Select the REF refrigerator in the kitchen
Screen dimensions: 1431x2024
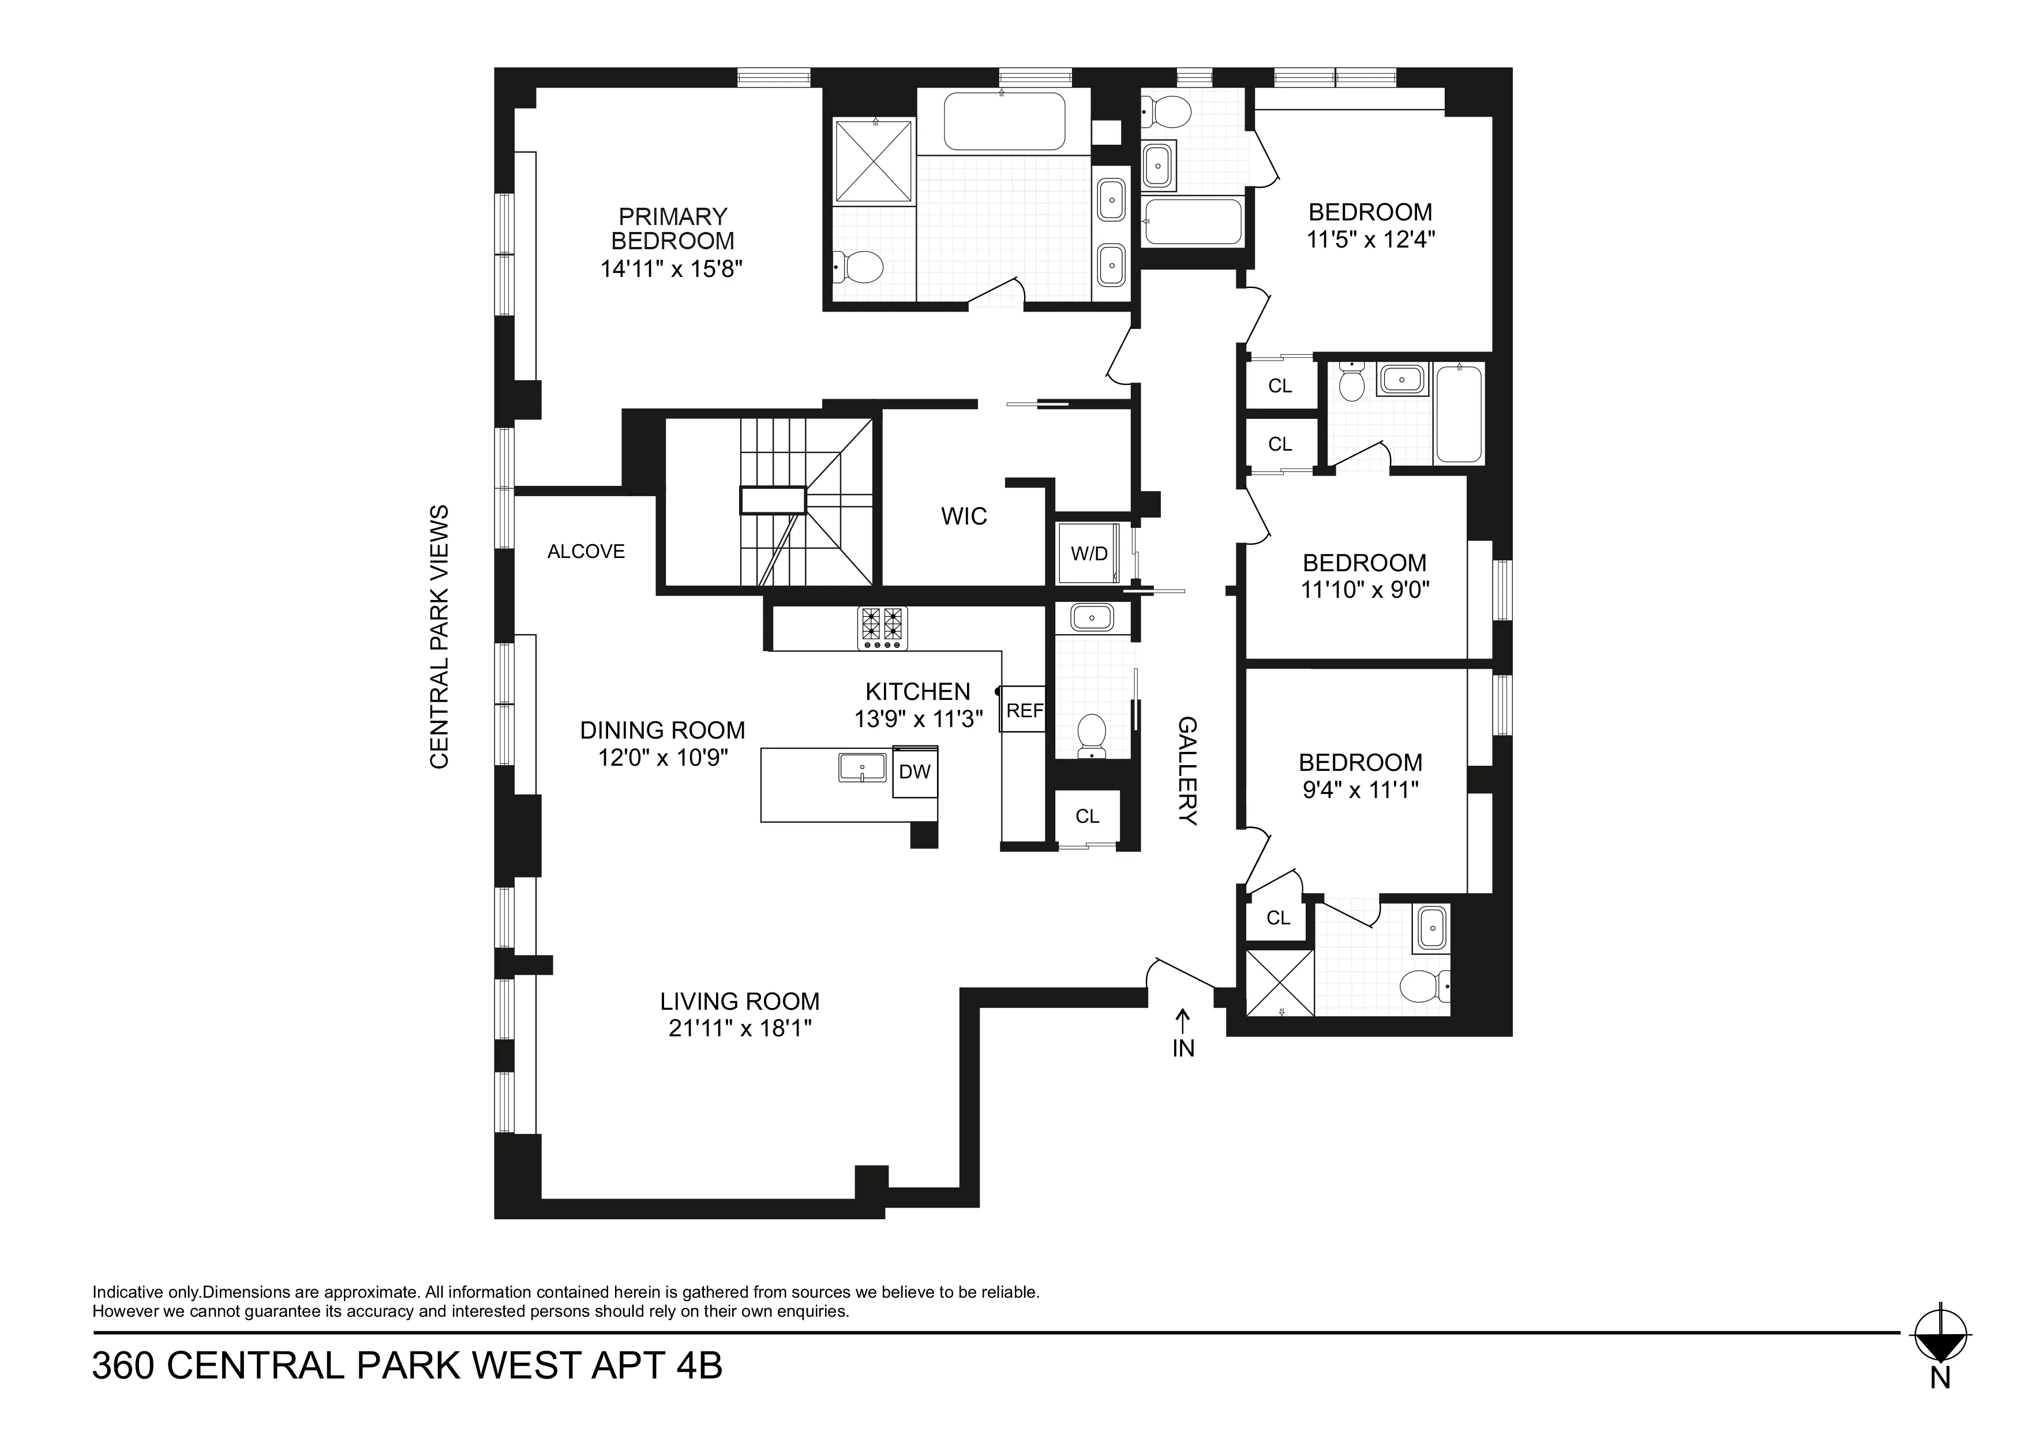1024,710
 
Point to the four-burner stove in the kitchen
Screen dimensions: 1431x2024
882,628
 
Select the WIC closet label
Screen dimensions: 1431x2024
964,516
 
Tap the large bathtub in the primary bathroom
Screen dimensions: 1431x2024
1003,122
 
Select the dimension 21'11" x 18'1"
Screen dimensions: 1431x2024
740,1028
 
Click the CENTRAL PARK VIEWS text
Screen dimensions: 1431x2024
439,636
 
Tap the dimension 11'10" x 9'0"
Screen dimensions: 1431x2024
1365,589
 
